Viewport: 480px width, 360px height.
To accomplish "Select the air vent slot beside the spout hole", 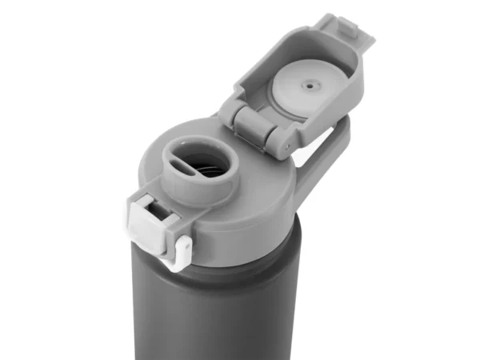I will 177,153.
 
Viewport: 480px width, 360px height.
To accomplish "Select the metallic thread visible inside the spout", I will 210,170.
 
